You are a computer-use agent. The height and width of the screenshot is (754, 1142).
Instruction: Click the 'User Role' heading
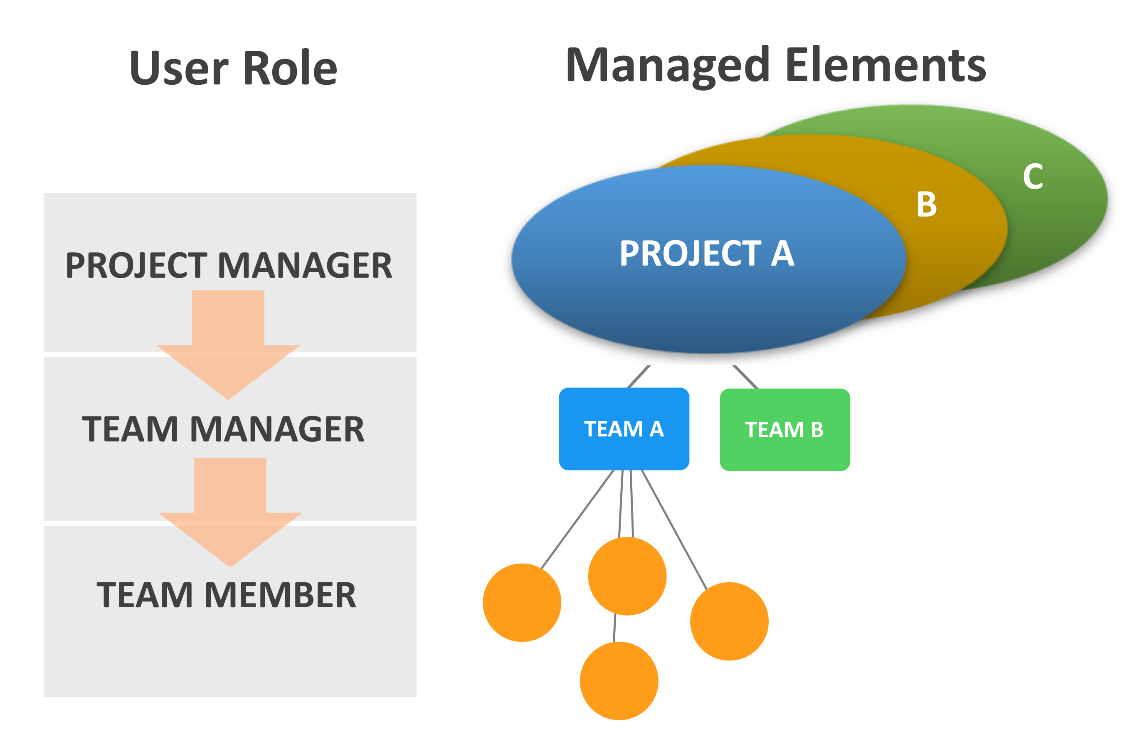[233, 68]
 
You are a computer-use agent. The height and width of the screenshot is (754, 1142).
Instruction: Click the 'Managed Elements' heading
[776, 66]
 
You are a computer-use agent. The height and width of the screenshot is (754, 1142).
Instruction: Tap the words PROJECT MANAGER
[229, 266]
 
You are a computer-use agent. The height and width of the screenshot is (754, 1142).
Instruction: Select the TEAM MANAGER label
[224, 429]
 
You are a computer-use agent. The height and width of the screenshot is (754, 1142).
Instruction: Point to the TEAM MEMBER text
[226, 595]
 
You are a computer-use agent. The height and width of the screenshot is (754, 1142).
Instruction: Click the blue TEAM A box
[624, 429]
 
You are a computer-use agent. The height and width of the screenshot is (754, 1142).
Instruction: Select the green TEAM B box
[784, 430]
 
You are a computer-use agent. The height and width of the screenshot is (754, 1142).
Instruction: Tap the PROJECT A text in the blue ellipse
[706, 254]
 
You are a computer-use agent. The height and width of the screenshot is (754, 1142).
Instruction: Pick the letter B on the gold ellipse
[926, 205]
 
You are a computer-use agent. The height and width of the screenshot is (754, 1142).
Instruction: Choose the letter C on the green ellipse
[1032, 177]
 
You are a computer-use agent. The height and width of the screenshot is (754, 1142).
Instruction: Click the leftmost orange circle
[522, 603]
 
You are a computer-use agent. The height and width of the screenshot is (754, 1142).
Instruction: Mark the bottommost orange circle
[619, 681]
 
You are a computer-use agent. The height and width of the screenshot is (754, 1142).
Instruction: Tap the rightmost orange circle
[729, 621]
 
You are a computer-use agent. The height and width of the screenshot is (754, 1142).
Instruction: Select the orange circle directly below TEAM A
[627, 576]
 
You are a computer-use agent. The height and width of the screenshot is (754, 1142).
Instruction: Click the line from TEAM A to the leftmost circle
[577, 519]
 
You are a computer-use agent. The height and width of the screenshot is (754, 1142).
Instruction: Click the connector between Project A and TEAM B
[745, 377]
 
